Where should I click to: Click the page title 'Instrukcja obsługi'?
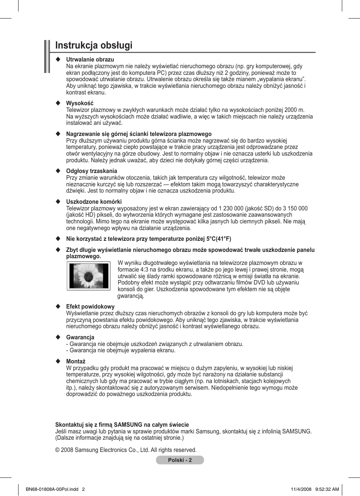point(94,46)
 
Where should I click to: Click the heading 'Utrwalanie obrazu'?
point(90,60)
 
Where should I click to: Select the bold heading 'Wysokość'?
point(80,103)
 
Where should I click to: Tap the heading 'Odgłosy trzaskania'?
point(91,171)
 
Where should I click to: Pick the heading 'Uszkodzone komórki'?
point(94,202)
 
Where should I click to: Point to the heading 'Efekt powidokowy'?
point(90,307)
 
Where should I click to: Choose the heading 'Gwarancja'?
point(80,337)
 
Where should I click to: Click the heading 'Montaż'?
point(76,362)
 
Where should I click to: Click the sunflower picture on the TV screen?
point(89,276)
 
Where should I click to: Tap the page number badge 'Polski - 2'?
point(180,460)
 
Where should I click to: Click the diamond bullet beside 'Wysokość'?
point(58,103)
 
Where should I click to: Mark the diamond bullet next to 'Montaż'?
point(58,362)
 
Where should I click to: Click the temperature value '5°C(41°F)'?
point(219,239)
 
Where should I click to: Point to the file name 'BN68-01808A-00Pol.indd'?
point(52,489)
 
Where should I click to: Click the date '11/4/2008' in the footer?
point(301,489)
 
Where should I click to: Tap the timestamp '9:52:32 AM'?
point(327,489)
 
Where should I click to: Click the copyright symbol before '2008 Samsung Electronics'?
point(57,450)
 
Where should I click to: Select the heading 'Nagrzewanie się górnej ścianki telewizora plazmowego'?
point(139,134)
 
